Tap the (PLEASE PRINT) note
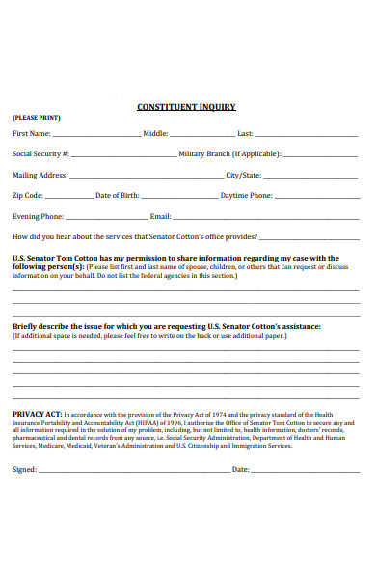(x=36, y=119)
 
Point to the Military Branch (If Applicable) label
(x=229, y=154)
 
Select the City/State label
(x=243, y=176)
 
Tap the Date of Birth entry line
(x=179, y=198)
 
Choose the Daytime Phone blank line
(x=316, y=198)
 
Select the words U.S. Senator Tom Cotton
(x=52, y=258)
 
